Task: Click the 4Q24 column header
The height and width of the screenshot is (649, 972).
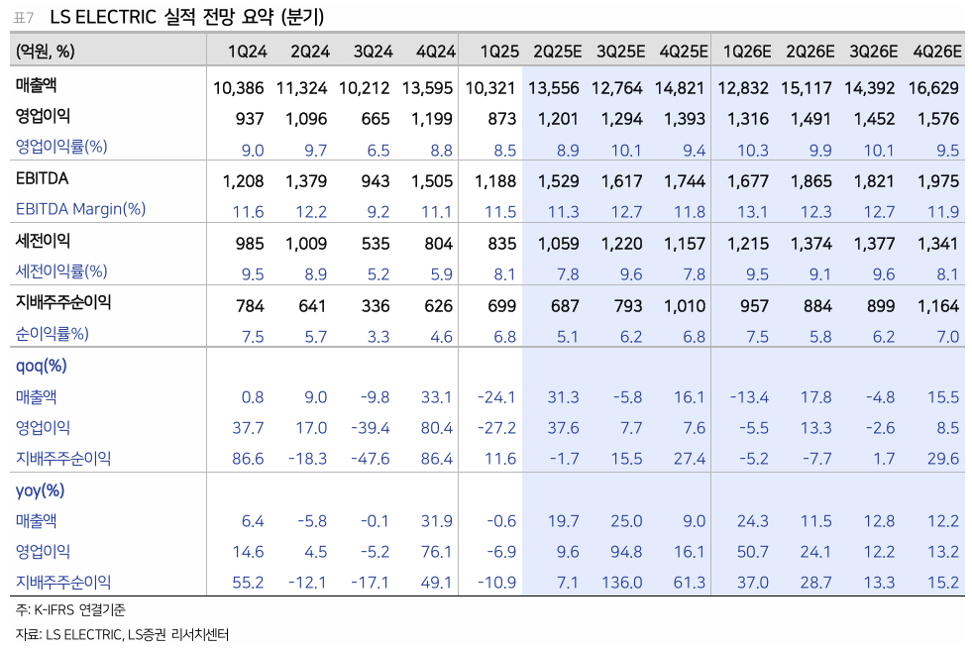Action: [x=435, y=52]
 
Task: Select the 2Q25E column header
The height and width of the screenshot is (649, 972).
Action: [x=556, y=52]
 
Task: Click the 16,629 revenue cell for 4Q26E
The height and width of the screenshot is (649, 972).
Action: [x=933, y=88]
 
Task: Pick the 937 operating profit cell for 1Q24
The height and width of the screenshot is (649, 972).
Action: [x=250, y=119]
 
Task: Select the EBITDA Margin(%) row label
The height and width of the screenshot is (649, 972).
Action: [x=80, y=210]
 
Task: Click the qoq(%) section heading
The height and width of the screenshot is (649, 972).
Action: [x=42, y=366]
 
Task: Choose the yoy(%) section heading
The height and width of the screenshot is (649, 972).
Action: [x=41, y=490]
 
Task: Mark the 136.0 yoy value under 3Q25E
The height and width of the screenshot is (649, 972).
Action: [x=621, y=583]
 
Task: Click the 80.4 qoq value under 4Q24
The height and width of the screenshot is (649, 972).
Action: [x=436, y=428]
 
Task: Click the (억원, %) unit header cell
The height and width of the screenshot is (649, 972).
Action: [x=46, y=52]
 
